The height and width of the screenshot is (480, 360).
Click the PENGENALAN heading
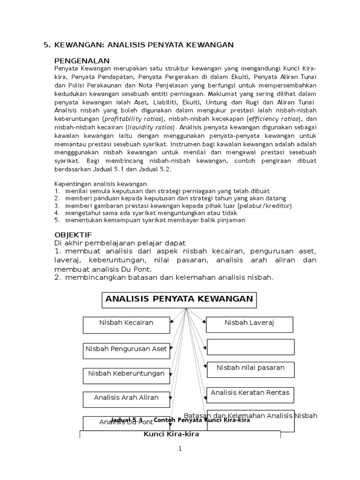82,61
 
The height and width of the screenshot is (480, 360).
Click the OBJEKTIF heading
73,234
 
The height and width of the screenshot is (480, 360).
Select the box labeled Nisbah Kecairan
126,325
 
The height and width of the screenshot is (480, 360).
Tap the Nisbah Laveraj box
249,324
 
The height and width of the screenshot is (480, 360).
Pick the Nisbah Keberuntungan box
126,375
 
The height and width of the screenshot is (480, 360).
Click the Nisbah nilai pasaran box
250,369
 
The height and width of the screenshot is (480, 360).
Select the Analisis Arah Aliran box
126,399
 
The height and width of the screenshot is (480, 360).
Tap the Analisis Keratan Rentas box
250,394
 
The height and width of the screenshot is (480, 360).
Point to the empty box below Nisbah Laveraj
250,347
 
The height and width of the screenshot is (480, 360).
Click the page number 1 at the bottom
180,449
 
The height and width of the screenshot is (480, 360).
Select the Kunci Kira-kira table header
171,435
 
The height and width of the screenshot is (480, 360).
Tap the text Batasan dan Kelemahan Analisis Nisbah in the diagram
251,416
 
